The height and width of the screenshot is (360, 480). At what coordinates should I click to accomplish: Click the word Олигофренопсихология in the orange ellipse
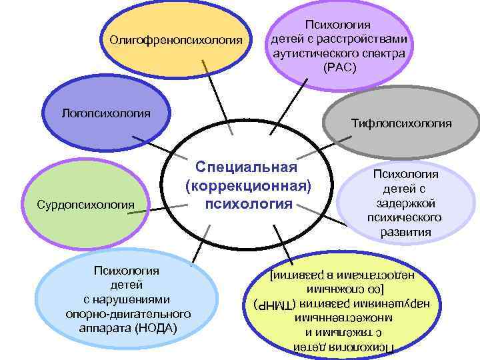[x=176, y=41]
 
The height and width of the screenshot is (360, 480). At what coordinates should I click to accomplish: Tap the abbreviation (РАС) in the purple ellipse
[x=339, y=68]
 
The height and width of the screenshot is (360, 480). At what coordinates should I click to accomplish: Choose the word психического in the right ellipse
[x=405, y=218]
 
